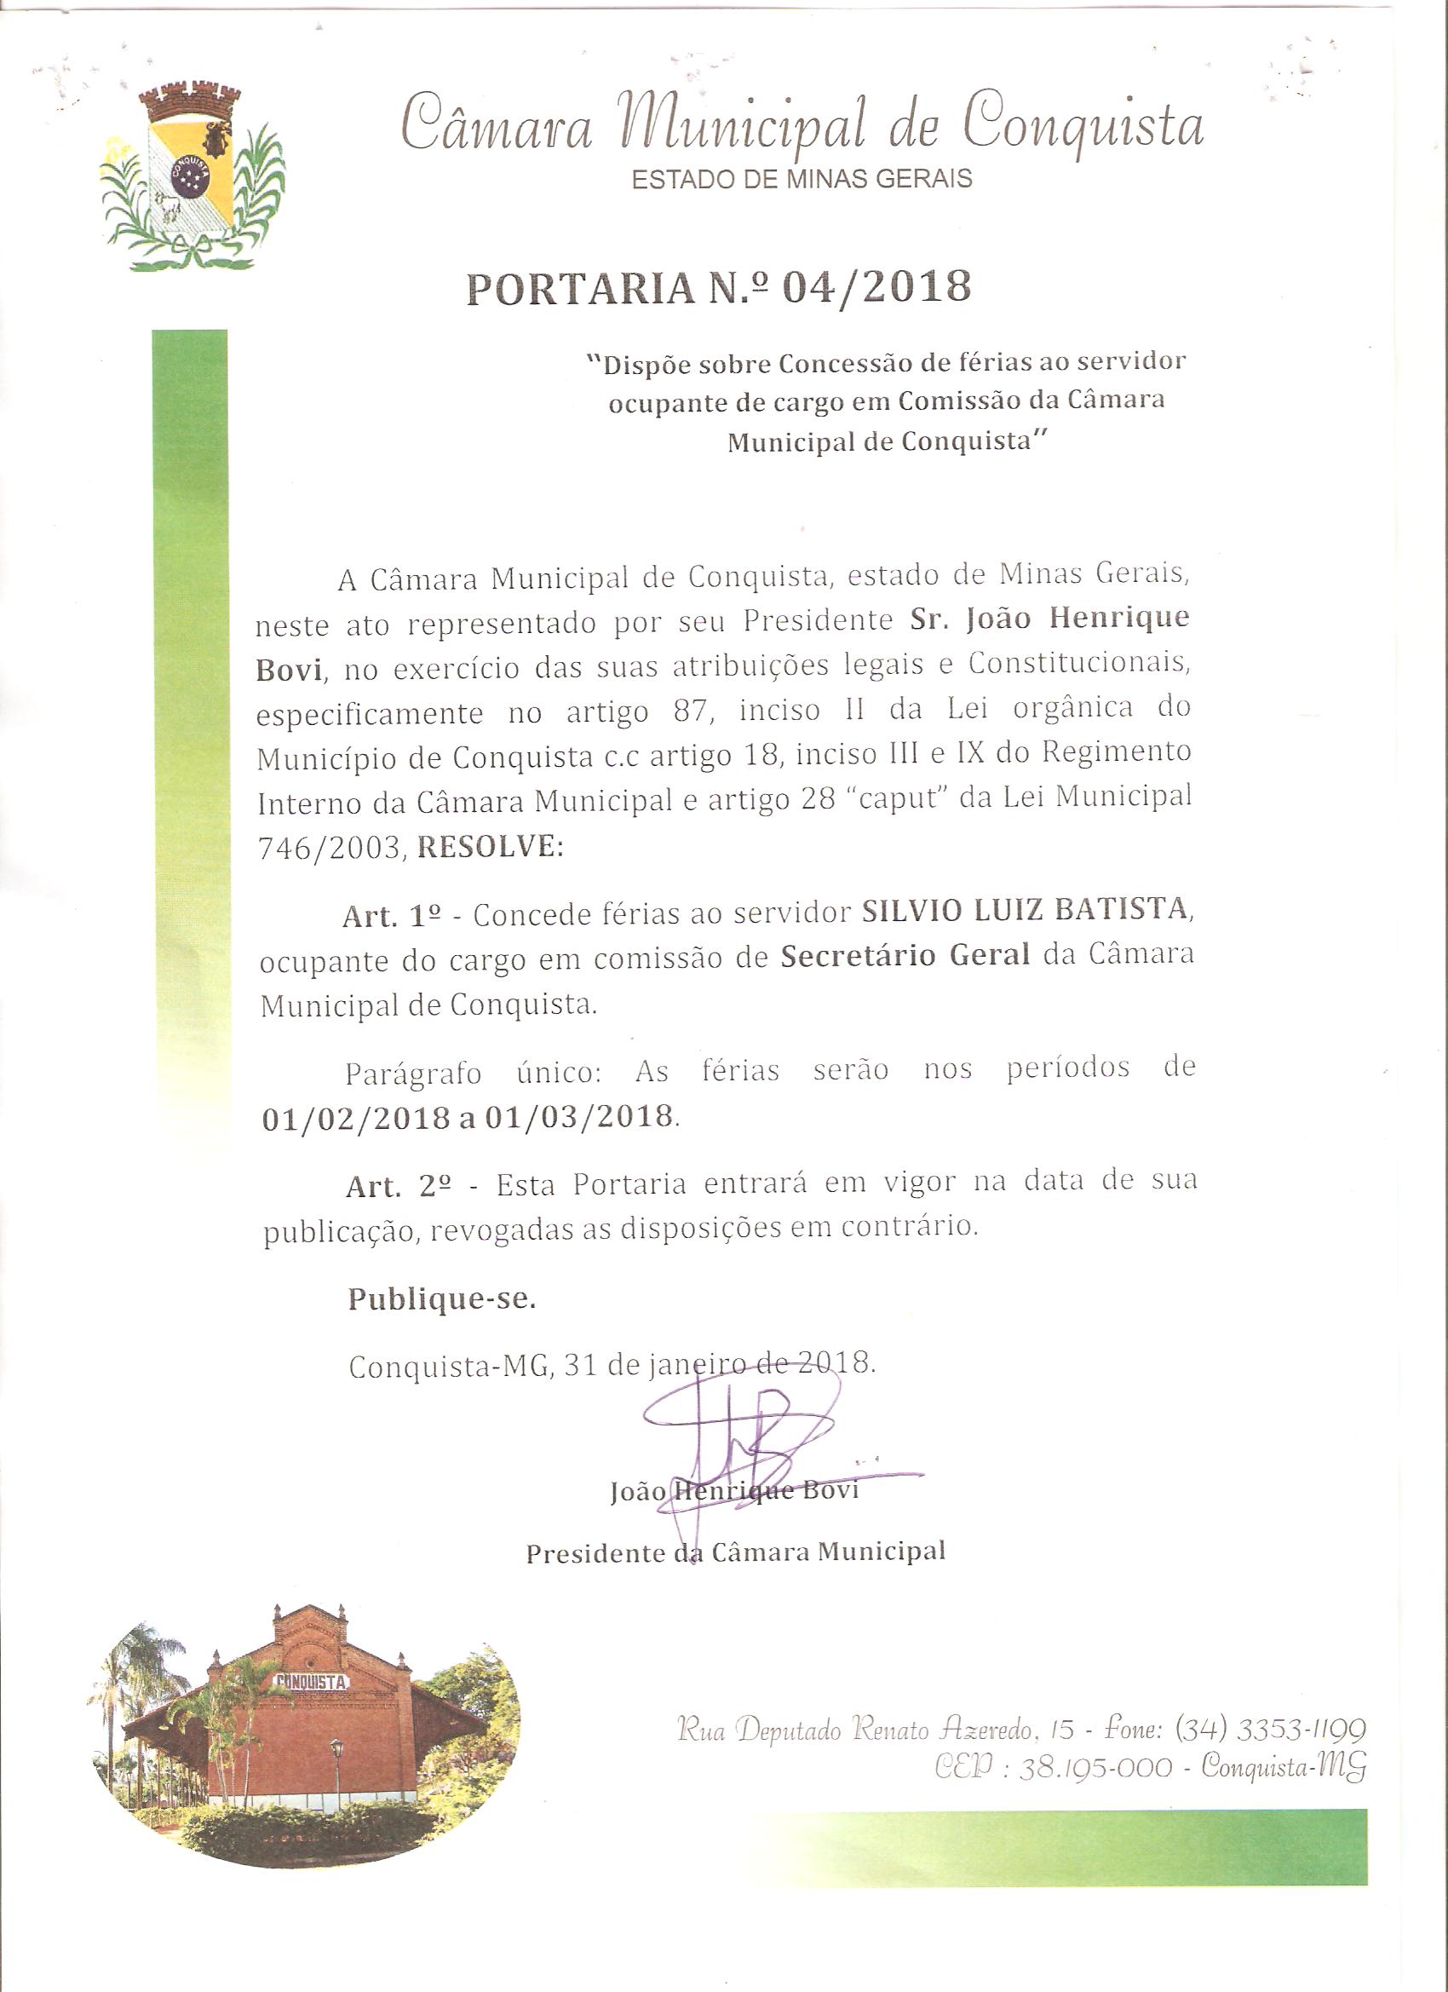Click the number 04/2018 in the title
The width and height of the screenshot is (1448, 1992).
[x=876, y=288]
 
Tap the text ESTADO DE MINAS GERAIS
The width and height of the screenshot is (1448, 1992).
[x=802, y=179]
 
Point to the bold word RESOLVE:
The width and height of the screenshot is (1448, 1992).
[x=490, y=847]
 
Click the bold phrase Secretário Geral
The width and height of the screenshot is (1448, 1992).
[x=905, y=955]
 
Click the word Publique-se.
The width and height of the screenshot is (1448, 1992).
[x=442, y=1299]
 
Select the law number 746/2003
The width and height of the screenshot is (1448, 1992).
[x=330, y=849]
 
